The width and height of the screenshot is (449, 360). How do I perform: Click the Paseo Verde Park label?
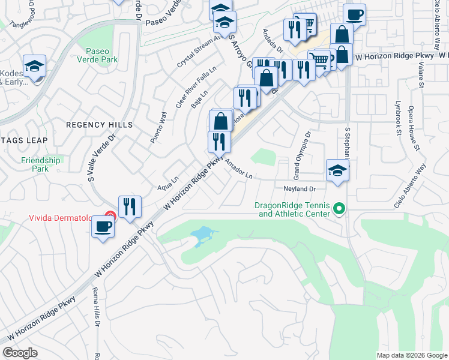click(x=101, y=55)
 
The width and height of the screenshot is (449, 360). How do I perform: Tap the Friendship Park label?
click(x=41, y=164)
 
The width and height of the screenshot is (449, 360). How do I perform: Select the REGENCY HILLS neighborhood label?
click(x=99, y=125)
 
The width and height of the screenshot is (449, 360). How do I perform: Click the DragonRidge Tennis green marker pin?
click(x=339, y=209)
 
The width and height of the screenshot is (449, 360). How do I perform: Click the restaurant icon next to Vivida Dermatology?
click(x=130, y=206)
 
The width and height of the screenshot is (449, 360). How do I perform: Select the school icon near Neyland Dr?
click(x=337, y=170)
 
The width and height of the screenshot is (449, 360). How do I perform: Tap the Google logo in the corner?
click(x=20, y=353)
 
